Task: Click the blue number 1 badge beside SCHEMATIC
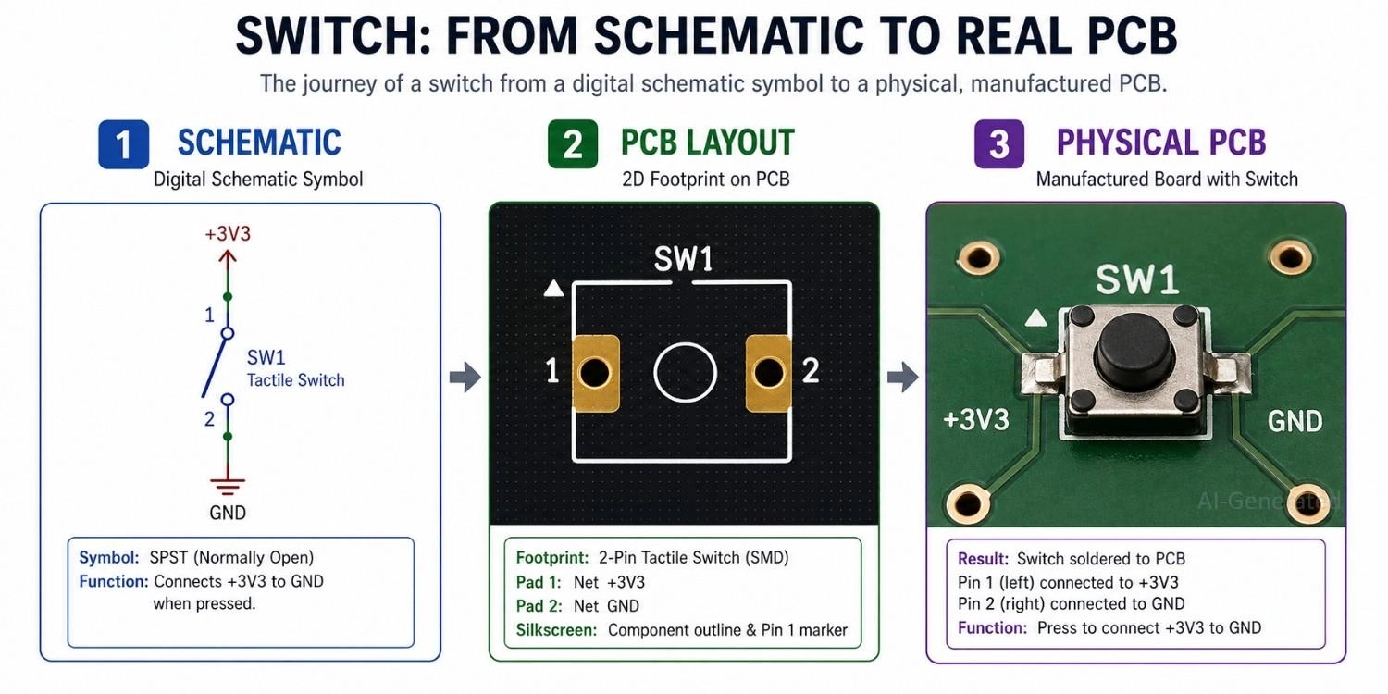click(123, 145)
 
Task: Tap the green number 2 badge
click(573, 145)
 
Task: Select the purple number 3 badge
click(999, 145)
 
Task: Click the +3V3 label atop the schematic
click(227, 234)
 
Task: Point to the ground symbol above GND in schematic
click(227, 484)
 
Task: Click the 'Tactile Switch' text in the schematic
click(295, 380)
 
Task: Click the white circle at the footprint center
click(685, 373)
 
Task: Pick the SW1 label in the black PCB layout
click(684, 260)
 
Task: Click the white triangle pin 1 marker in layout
click(554, 290)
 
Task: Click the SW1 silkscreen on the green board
click(1137, 279)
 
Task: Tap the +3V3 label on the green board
click(976, 419)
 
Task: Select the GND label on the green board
click(1295, 421)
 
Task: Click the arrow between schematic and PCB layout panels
click(465, 377)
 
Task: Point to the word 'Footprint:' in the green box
click(551, 558)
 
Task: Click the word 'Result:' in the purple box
click(983, 559)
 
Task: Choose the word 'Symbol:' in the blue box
click(109, 558)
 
